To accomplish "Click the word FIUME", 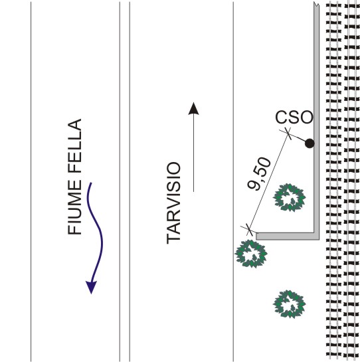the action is (x=74, y=207).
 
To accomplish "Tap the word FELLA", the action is (x=74, y=146).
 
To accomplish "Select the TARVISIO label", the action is (x=173, y=203).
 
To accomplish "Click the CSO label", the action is (x=294, y=117).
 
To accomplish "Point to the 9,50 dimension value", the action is (x=259, y=174).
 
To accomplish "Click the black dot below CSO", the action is (x=310, y=143).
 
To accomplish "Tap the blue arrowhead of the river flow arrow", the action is (x=92, y=288).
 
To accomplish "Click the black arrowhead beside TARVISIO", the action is (x=193, y=108).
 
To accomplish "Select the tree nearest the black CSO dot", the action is (x=289, y=197).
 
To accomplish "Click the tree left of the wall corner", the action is (x=251, y=254).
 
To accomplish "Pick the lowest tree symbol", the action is (x=289, y=304).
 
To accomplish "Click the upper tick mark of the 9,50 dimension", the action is (x=288, y=134).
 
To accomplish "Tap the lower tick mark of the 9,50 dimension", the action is (x=248, y=230).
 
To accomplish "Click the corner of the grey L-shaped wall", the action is (x=317, y=236).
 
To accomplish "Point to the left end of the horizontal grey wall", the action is (x=256, y=236).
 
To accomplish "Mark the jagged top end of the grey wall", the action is (x=316, y=4).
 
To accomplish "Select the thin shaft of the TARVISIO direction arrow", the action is (x=193, y=153).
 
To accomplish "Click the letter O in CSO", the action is (x=306, y=117).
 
